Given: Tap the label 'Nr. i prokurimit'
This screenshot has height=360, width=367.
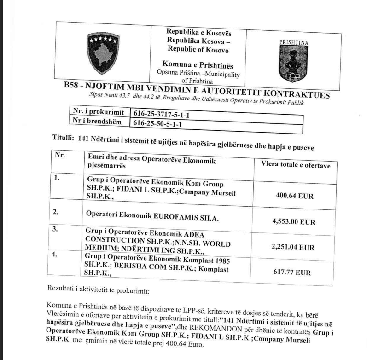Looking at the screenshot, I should (96, 111).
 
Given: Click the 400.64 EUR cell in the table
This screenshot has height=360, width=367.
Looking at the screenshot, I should (294, 196).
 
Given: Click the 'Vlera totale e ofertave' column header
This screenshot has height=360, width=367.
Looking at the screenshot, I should (296, 165).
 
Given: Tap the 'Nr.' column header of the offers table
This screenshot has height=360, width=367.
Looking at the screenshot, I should (59, 155).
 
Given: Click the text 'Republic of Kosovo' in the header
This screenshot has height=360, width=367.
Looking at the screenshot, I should (198, 50).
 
